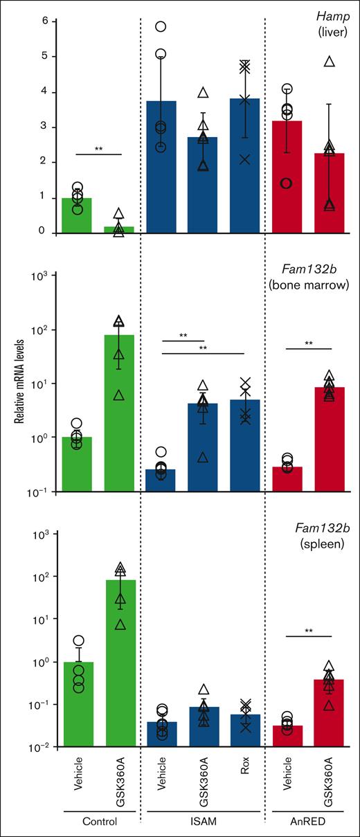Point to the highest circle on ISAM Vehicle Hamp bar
click(161, 26)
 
